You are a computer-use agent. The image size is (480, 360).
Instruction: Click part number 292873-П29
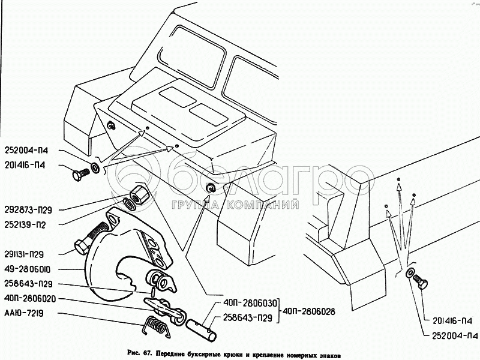coord(28,210)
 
